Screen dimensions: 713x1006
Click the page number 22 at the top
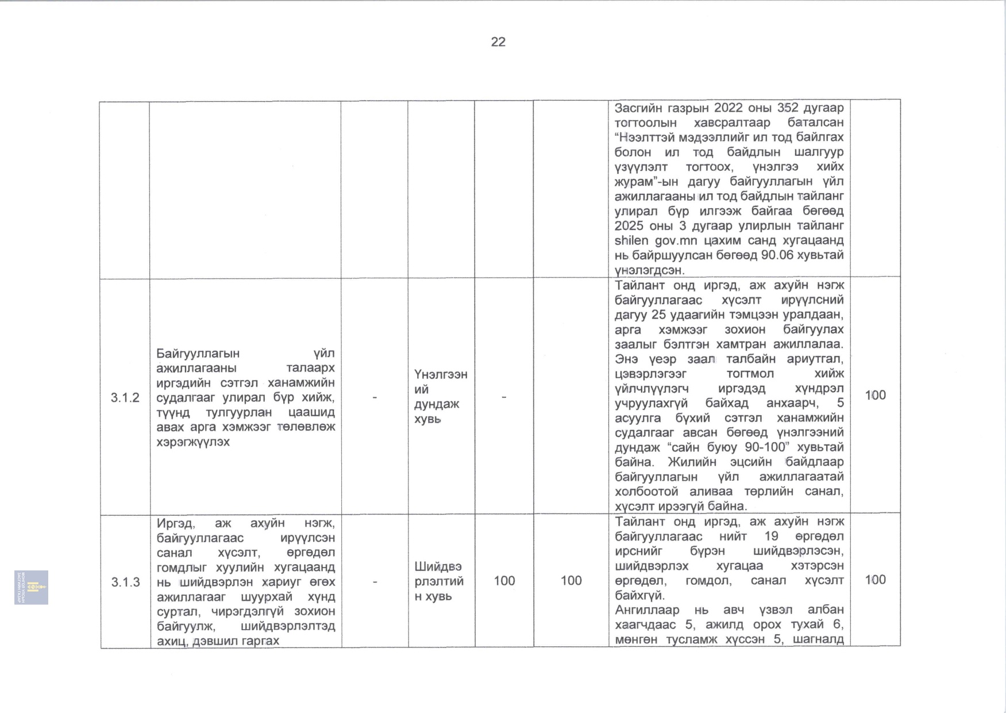(498, 42)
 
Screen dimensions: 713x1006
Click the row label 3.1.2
(125, 397)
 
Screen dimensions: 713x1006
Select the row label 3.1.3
(125, 582)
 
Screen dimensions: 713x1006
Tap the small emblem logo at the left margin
(32, 587)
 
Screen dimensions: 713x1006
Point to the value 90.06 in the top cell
(779, 255)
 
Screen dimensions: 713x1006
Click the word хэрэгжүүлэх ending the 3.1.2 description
(193, 442)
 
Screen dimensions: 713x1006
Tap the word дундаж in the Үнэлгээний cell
(437, 404)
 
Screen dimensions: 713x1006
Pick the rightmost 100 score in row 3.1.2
(875, 395)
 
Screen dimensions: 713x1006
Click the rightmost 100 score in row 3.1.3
(875, 580)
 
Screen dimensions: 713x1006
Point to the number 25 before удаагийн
(658, 315)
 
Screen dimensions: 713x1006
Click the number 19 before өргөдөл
(771, 536)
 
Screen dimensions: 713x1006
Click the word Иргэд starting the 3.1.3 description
(175, 523)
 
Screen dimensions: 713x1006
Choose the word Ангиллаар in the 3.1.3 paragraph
(647, 609)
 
